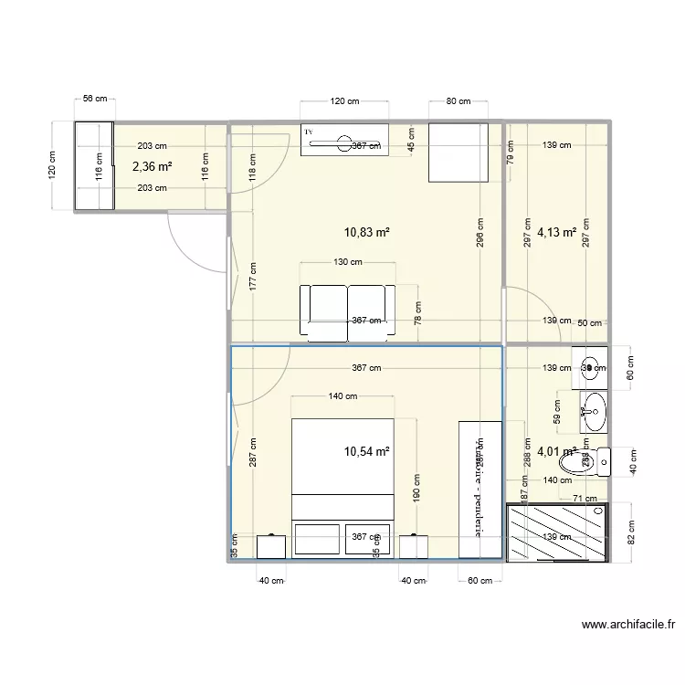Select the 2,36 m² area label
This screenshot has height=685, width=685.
(153, 166)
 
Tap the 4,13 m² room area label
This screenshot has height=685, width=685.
(556, 232)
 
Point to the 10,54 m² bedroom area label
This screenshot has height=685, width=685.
(367, 451)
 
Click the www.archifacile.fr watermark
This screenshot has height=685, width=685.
(627, 626)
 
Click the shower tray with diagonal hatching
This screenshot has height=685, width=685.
(557, 532)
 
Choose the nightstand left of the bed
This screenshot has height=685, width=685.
(271, 546)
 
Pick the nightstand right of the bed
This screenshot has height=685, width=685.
(414, 546)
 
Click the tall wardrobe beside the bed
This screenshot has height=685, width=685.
(479, 490)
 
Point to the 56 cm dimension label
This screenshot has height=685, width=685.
(94, 99)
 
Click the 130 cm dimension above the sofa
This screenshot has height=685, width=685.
(348, 262)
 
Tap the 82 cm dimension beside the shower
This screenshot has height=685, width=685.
(631, 531)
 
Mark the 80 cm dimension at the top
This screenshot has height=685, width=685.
(458, 101)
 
